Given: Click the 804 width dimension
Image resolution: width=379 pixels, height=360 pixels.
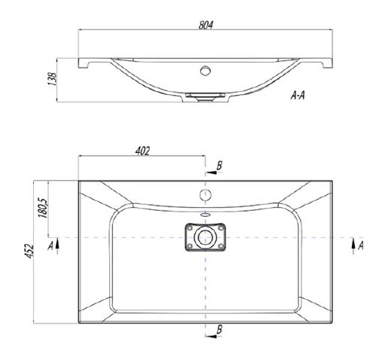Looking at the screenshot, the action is [206, 25].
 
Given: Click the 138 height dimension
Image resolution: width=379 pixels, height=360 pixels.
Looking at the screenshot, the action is [53, 79].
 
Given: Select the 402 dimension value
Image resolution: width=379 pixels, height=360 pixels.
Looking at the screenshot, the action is [142, 151].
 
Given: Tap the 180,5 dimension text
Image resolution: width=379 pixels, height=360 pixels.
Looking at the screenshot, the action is [43, 208].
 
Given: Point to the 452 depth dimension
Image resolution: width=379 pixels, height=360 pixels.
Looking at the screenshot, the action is [29, 251].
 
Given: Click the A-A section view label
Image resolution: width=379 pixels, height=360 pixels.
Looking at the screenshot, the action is [298, 96].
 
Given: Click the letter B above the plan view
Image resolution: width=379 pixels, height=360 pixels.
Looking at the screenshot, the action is [219, 166].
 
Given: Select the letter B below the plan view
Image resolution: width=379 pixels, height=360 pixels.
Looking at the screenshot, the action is [219, 329].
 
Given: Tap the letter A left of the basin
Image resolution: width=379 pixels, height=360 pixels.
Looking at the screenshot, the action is [50, 246].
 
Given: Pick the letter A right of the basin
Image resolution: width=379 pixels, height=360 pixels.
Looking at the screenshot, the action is [361, 246].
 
